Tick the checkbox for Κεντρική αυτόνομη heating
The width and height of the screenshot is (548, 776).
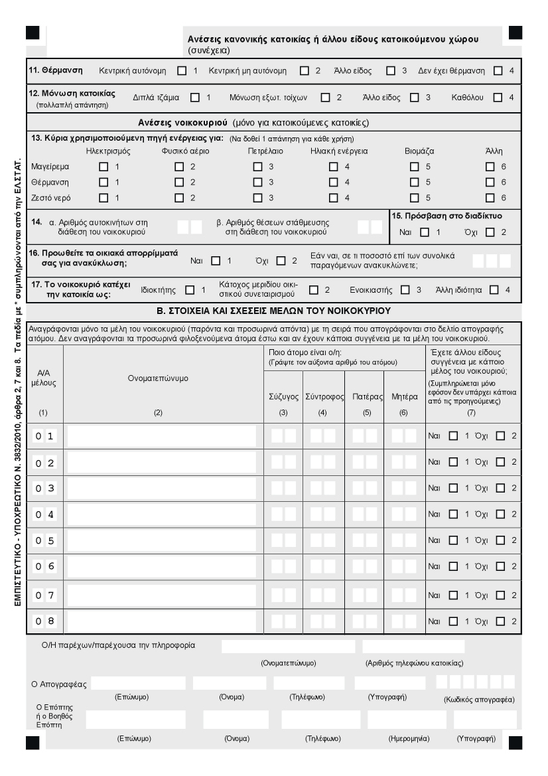[x=182, y=70]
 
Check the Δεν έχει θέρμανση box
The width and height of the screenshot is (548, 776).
[x=498, y=70]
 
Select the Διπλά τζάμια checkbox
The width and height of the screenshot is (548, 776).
[x=195, y=98]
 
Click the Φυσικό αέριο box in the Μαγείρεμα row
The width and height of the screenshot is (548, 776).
[x=179, y=166]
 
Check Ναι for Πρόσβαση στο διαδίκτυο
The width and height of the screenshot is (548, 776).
[x=425, y=232]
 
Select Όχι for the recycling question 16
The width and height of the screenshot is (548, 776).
[x=281, y=261]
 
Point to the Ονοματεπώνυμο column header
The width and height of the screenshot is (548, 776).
[x=158, y=378]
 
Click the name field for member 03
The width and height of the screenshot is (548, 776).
[x=162, y=488]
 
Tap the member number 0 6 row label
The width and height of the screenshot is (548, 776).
[x=45, y=566]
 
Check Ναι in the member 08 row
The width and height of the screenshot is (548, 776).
[x=453, y=621]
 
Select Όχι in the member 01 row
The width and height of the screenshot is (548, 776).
[x=501, y=436]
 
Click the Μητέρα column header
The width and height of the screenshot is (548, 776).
[x=405, y=396]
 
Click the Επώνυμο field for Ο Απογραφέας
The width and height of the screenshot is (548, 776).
[x=138, y=683]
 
